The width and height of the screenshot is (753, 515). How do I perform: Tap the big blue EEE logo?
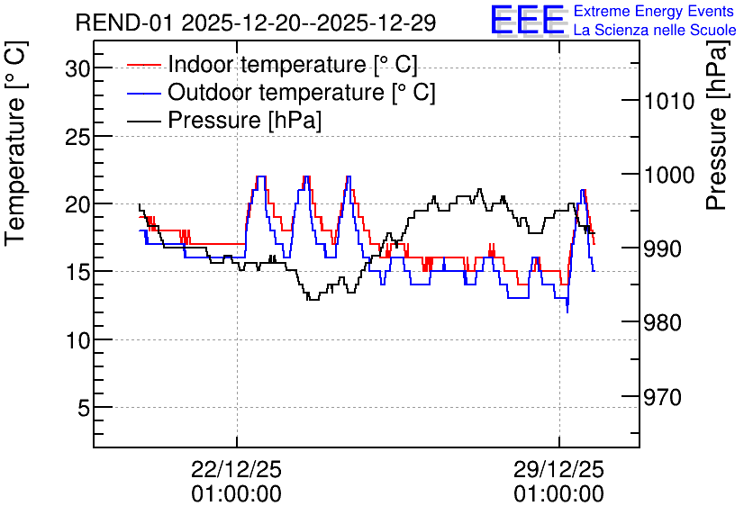coord(528,20)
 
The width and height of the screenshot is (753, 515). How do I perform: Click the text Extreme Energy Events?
coord(654,11)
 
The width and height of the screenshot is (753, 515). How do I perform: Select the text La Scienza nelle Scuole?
coord(655,30)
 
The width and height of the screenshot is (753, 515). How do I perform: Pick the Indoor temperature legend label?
coord(293,64)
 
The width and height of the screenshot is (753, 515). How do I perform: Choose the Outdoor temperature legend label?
coord(302,92)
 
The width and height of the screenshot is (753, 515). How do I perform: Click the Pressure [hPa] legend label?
coord(244,120)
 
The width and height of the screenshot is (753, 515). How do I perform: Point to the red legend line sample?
coord(143,65)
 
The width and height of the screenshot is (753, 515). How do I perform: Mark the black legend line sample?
coord(143,121)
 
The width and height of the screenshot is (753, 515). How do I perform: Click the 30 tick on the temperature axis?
coord(77,69)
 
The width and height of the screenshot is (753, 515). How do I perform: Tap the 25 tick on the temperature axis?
coord(77,138)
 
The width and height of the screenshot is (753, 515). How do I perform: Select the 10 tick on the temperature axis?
coord(77,341)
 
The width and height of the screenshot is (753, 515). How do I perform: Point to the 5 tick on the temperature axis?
coord(84,409)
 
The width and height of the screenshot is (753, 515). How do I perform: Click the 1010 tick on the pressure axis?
coord(669,101)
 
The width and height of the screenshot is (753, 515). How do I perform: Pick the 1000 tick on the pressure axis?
coord(669,176)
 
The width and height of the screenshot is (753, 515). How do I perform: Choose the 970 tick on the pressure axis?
coord(662,397)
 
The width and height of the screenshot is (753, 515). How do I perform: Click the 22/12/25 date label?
coord(236,469)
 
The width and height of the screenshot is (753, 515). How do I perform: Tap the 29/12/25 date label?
coord(559,469)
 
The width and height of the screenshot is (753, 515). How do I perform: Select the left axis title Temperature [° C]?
coord(16,144)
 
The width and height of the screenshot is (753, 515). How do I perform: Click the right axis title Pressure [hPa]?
coord(718,126)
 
